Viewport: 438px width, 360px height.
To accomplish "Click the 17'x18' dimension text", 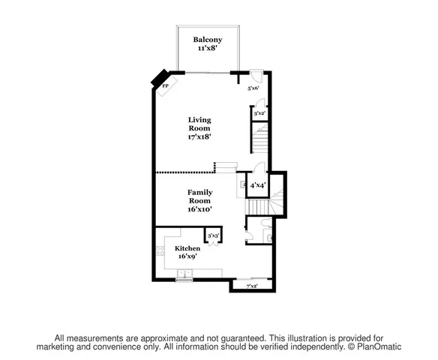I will [199, 137].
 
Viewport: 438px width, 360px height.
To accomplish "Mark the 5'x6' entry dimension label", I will [253, 88].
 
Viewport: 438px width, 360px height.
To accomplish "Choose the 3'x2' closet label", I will [259, 113].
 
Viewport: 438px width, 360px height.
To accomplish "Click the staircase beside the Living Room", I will [259, 139].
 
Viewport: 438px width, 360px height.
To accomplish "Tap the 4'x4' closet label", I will [257, 184].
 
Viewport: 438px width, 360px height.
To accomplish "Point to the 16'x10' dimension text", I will [199, 210].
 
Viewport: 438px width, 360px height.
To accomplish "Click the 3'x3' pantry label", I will [213, 236].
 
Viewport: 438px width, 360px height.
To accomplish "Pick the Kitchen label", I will [187, 248].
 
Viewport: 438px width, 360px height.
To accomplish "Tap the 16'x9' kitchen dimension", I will [187, 257].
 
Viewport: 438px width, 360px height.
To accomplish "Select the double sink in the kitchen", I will [184, 280].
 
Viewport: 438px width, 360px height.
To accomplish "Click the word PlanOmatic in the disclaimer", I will [380, 346].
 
